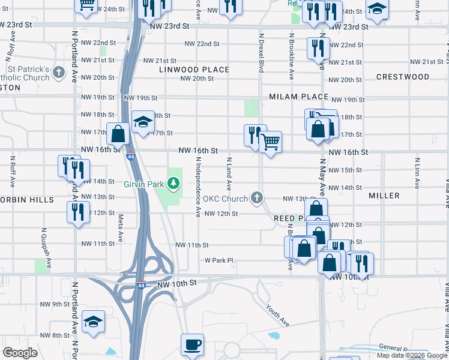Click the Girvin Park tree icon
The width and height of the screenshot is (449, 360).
click(174, 182)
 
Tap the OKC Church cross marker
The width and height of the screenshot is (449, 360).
click(257, 197)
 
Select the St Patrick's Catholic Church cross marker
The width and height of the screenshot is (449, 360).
click(58, 73)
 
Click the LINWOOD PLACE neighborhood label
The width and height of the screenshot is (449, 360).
click(194, 70)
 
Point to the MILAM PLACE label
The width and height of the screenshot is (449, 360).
click(298, 97)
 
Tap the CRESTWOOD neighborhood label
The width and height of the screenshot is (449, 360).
click(403, 77)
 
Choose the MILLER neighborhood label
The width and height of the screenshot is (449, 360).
click(384, 196)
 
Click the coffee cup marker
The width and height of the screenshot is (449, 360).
click(192, 345)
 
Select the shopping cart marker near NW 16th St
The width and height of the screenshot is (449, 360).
click(271, 142)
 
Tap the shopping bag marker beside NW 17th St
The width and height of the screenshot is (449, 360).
click(118, 134)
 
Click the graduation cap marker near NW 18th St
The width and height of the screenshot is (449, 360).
click(142, 122)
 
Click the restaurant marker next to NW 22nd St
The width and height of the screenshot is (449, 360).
click(318, 49)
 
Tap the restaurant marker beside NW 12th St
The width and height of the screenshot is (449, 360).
click(78, 212)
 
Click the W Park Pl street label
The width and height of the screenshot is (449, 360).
click(218, 260)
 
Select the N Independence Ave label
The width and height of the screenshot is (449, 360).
click(198, 186)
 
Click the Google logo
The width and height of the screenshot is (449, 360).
click(20, 353)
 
